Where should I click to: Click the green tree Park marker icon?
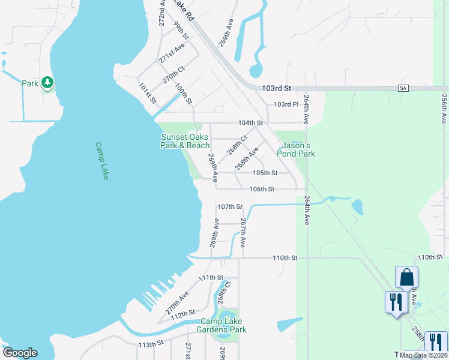click(47, 83)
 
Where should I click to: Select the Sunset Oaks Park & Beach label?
click(185, 141)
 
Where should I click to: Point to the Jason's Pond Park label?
click(296, 149)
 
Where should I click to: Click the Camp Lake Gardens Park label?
click(223, 325)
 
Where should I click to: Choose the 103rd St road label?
click(276, 88)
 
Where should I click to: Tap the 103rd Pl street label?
click(286, 104)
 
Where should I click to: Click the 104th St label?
click(250, 123)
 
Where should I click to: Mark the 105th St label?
click(265, 173)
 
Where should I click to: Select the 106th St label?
click(262, 189)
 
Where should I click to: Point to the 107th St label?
click(230, 206)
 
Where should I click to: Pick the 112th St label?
click(183, 313)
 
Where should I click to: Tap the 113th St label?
click(151, 344)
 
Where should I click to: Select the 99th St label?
click(181, 31)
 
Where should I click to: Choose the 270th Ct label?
click(173, 76)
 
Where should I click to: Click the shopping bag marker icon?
click(406, 278)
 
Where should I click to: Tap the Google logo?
click(20, 353)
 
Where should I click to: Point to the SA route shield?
click(403, 88)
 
